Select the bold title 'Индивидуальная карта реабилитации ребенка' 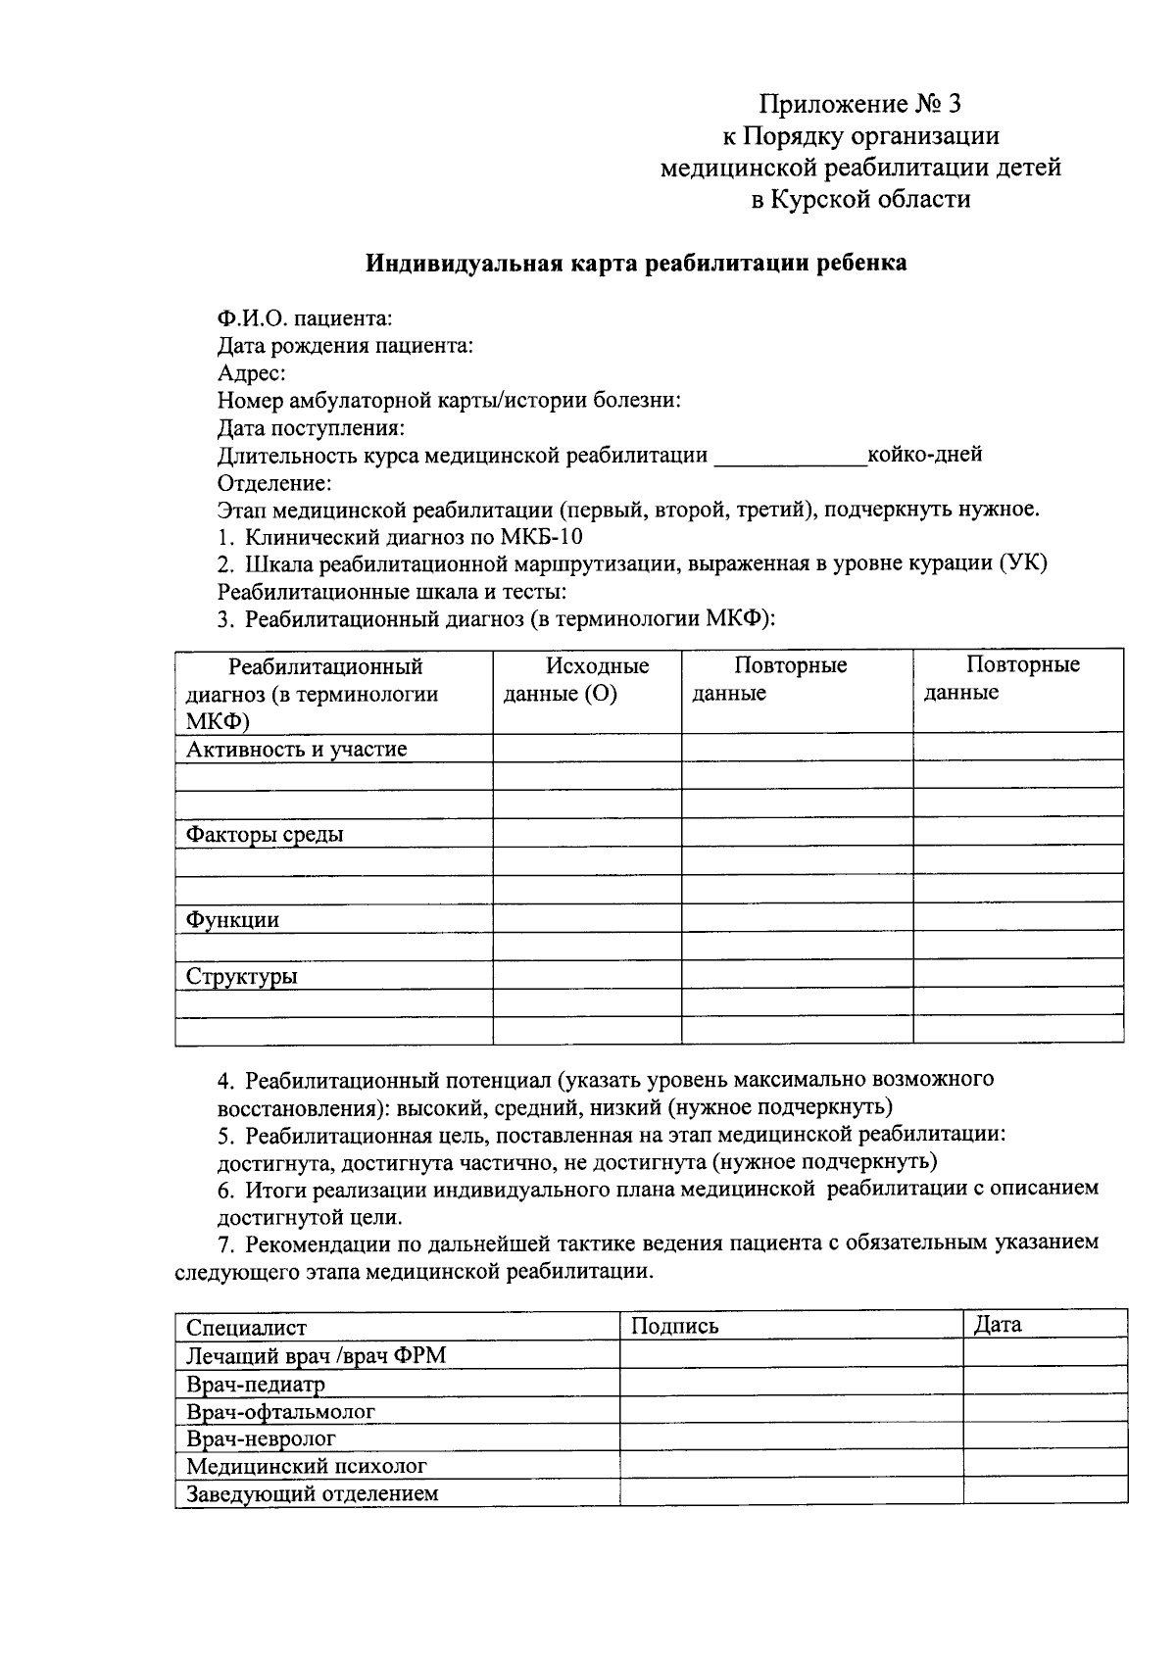coord(636,263)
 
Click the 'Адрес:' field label coord(252,372)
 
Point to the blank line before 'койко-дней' coord(790,457)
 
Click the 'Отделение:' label coord(274,482)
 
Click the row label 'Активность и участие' coord(297,750)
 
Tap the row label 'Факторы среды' coord(265,835)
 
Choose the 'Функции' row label coord(233,920)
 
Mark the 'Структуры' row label coord(242,977)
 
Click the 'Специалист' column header coord(247,1328)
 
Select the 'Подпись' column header coord(675,1327)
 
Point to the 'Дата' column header coord(998,1325)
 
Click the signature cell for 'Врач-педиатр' coord(791,1384)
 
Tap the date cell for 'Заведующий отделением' coord(1045,1493)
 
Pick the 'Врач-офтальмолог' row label coord(281,1412)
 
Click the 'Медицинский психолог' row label coord(307,1467)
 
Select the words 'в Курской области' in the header coord(860,200)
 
